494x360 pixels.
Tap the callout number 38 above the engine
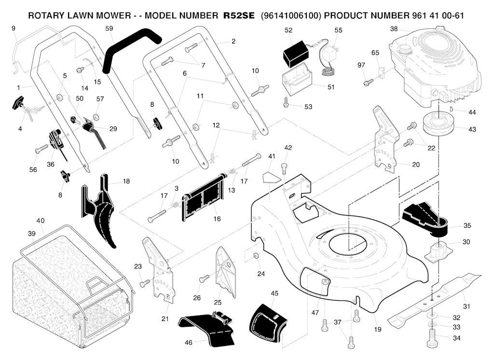click(x=394, y=29)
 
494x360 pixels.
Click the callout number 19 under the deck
click(x=377, y=330)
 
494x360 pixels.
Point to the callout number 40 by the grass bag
click(x=41, y=221)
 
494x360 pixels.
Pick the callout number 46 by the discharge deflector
click(x=189, y=343)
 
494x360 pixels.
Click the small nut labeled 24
click(x=257, y=255)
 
